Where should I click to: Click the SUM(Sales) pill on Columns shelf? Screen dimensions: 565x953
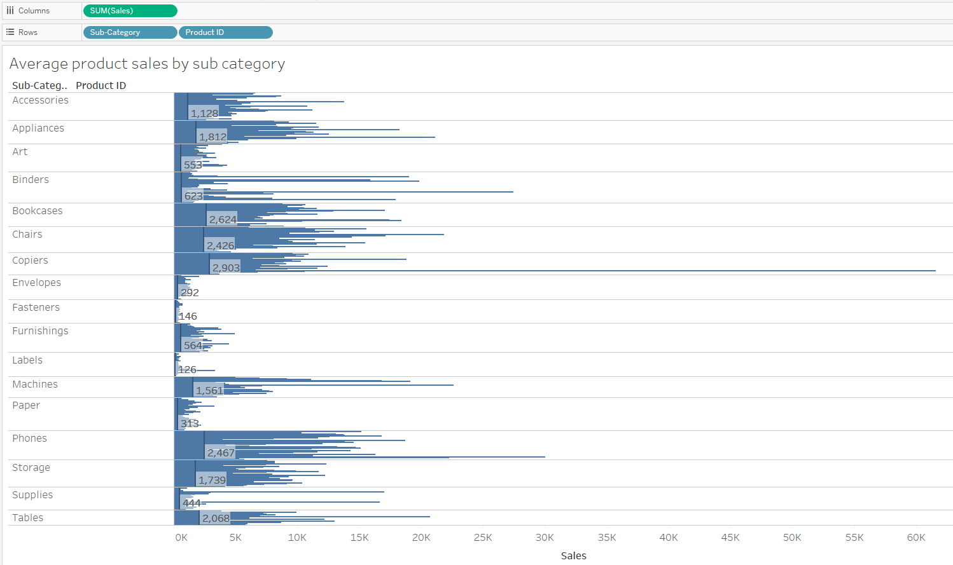point(130,11)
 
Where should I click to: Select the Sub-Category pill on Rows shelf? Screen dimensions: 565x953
point(129,32)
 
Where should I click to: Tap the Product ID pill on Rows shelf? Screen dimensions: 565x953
point(225,32)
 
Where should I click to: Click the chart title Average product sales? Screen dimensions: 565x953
point(147,64)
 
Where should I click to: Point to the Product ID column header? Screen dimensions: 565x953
point(101,85)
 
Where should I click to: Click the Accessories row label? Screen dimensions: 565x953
point(40,100)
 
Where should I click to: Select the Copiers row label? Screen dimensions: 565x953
point(30,261)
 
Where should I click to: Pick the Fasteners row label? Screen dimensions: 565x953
point(36,308)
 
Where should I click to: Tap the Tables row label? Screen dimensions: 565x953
point(28,518)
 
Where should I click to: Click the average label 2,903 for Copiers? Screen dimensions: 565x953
point(226,268)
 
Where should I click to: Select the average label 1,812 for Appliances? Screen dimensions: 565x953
point(212,137)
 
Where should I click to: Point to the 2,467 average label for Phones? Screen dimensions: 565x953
point(221,453)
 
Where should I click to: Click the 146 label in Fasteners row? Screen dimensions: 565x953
point(188,316)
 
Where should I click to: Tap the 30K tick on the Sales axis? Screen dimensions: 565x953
point(545,538)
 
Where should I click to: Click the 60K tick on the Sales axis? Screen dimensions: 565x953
point(915,538)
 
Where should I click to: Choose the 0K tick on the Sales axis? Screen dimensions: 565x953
point(181,538)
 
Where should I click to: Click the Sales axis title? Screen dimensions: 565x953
point(573,555)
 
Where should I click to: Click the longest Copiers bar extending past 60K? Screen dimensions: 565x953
point(636,271)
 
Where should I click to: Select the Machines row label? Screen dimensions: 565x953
point(35,385)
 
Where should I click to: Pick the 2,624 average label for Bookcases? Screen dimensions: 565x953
point(223,219)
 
